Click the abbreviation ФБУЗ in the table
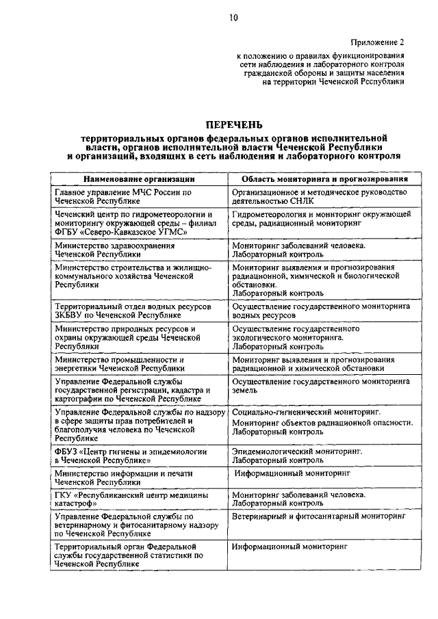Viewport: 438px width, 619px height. point(67,451)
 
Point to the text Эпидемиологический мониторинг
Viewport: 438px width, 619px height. point(296,451)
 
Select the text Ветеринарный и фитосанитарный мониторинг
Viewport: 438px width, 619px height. point(314,517)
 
